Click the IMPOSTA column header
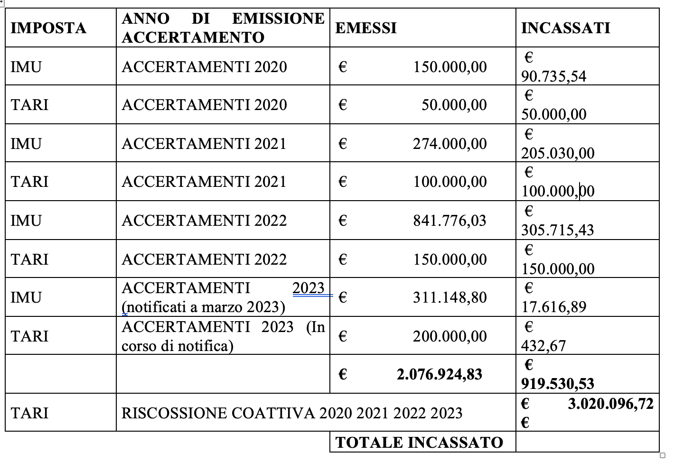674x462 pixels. [x=48, y=28]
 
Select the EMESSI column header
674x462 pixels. [x=365, y=28]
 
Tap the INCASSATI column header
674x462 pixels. [x=565, y=28]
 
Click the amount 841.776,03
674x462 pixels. [x=449, y=221]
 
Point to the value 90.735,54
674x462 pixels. [x=553, y=76]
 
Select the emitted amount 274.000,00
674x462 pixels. [x=449, y=144]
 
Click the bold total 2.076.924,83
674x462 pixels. [x=439, y=374]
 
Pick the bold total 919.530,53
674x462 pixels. [x=557, y=384]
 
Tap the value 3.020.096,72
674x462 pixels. [x=610, y=404]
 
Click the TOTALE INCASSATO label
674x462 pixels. [x=419, y=443]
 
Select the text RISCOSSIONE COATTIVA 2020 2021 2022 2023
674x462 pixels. [x=292, y=413]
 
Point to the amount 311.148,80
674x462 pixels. [x=449, y=297]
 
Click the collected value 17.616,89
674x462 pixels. [x=553, y=307]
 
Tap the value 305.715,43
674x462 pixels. [x=557, y=230]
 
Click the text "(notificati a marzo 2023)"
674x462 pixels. [x=204, y=307]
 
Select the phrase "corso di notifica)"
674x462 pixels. [x=178, y=346]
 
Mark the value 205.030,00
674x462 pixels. [x=557, y=153]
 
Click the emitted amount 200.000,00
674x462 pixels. [x=449, y=336]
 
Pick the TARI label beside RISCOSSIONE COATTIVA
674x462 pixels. [x=29, y=413]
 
